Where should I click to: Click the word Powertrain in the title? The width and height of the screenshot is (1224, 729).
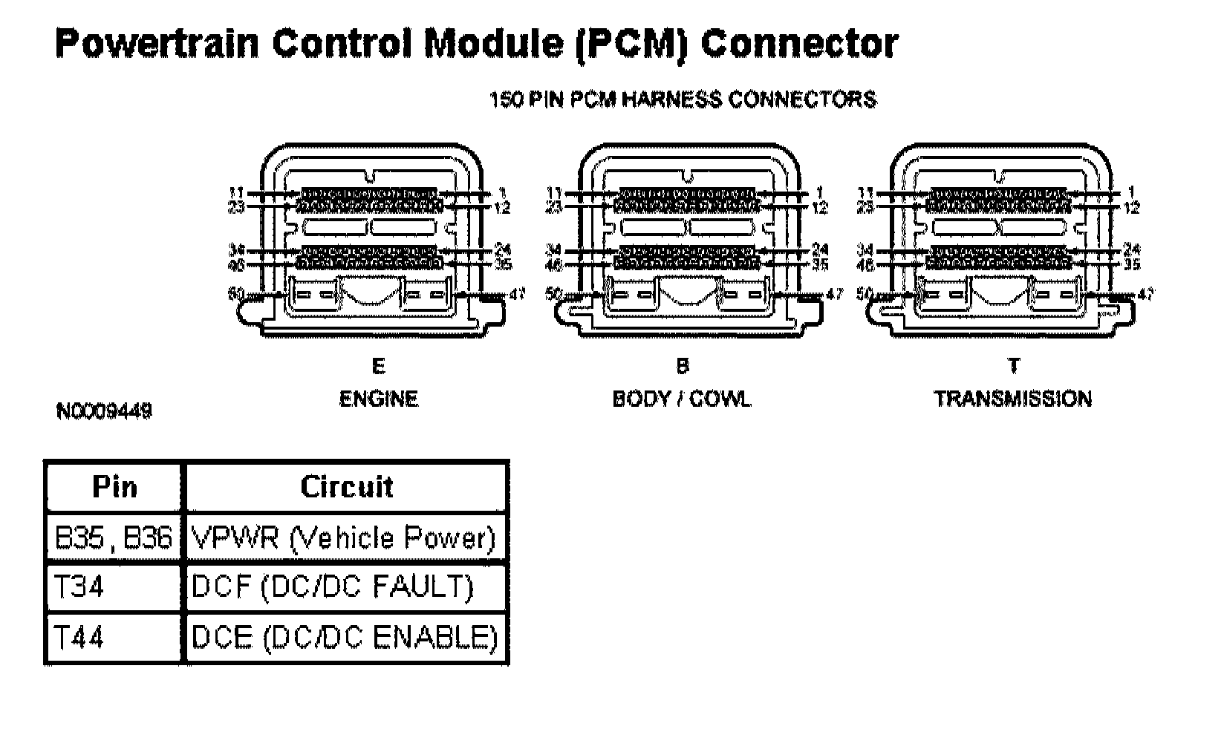156,44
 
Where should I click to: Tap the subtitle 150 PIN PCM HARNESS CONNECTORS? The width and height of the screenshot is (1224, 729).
682,99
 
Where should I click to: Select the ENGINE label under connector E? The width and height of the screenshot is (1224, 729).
378,399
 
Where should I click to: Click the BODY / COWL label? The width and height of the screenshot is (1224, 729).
681,399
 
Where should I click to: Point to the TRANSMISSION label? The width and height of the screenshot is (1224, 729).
1012,399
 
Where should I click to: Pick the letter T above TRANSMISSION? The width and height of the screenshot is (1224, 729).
1013,366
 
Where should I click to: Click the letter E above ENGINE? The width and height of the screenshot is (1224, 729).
378,366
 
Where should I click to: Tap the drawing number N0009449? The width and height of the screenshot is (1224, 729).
104,411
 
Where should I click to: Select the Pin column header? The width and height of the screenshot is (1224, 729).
114,487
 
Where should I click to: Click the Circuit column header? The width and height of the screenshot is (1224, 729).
346,487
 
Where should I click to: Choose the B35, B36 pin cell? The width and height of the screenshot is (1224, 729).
114,537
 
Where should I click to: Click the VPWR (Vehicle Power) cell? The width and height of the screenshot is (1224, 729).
343,537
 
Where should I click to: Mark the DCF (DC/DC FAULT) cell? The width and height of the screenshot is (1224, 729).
332,587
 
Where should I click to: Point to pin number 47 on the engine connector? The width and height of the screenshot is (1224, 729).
518,295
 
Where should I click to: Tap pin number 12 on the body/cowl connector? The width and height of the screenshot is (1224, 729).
819,209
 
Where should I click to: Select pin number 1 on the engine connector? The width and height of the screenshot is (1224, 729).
503,193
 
